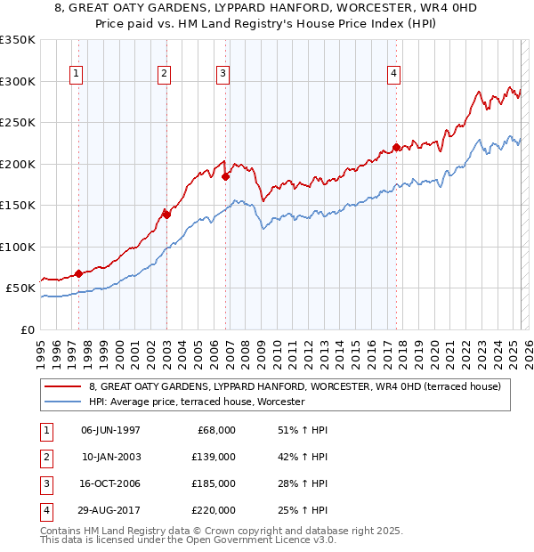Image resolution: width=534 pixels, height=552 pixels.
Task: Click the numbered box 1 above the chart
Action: tap(77, 74)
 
